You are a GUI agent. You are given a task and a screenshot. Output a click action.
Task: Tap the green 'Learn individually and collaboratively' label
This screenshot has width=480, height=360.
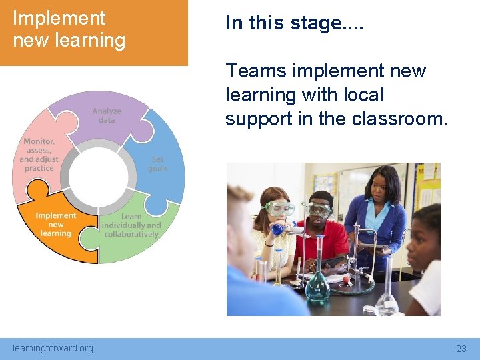(x=131, y=225)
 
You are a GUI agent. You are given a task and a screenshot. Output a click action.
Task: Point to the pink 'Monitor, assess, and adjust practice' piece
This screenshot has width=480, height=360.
(x=39, y=157)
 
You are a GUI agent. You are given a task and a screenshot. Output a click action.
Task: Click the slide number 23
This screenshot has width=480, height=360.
(x=461, y=349)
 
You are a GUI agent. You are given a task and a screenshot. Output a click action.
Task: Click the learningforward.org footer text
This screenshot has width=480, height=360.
(x=53, y=348)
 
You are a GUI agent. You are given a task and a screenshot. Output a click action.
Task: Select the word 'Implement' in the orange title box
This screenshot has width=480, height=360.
(x=59, y=18)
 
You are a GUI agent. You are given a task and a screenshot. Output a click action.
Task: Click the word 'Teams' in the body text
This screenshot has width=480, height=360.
(x=256, y=71)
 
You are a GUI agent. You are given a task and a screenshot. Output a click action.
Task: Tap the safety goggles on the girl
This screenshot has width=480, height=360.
(x=278, y=207)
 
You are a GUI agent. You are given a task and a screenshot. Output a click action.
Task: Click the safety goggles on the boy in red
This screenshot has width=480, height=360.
(x=319, y=209)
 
